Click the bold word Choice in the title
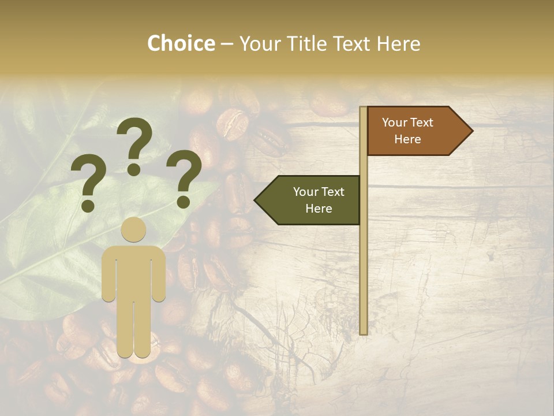(181, 43)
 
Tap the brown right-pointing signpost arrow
(415, 131)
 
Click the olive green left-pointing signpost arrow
(309, 200)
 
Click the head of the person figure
(133, 229)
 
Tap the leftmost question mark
(88, 184)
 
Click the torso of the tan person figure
(133, 272)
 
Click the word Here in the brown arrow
(407, 139)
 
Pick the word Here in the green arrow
(318, 209)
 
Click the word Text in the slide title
(351, 43)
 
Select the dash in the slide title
(227, 44)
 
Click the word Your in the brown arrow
(394, 122)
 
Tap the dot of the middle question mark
(134, 169)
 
